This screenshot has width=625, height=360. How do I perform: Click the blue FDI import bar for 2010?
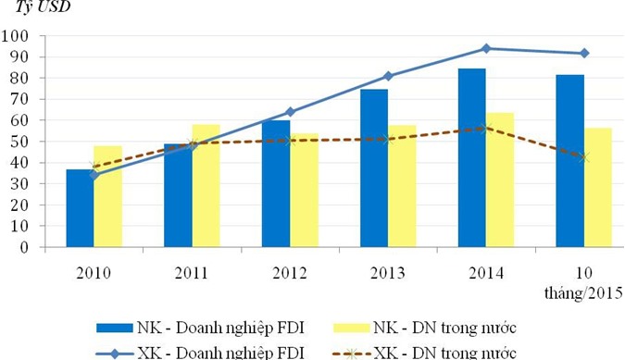coord(80,208)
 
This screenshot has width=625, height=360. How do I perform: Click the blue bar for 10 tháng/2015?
coord(569,161)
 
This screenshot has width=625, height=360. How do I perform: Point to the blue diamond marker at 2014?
coord(486,48)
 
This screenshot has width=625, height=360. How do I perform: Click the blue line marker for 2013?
coord(388,76)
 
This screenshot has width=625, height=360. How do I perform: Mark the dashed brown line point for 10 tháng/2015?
coord(583,157)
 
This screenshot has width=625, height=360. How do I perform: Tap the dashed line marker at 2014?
coord(486,129)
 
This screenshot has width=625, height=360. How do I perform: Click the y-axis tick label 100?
coord(17,36)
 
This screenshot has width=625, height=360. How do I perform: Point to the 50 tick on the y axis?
coord(20,142)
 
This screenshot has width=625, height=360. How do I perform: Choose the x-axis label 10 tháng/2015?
coord(583,282)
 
